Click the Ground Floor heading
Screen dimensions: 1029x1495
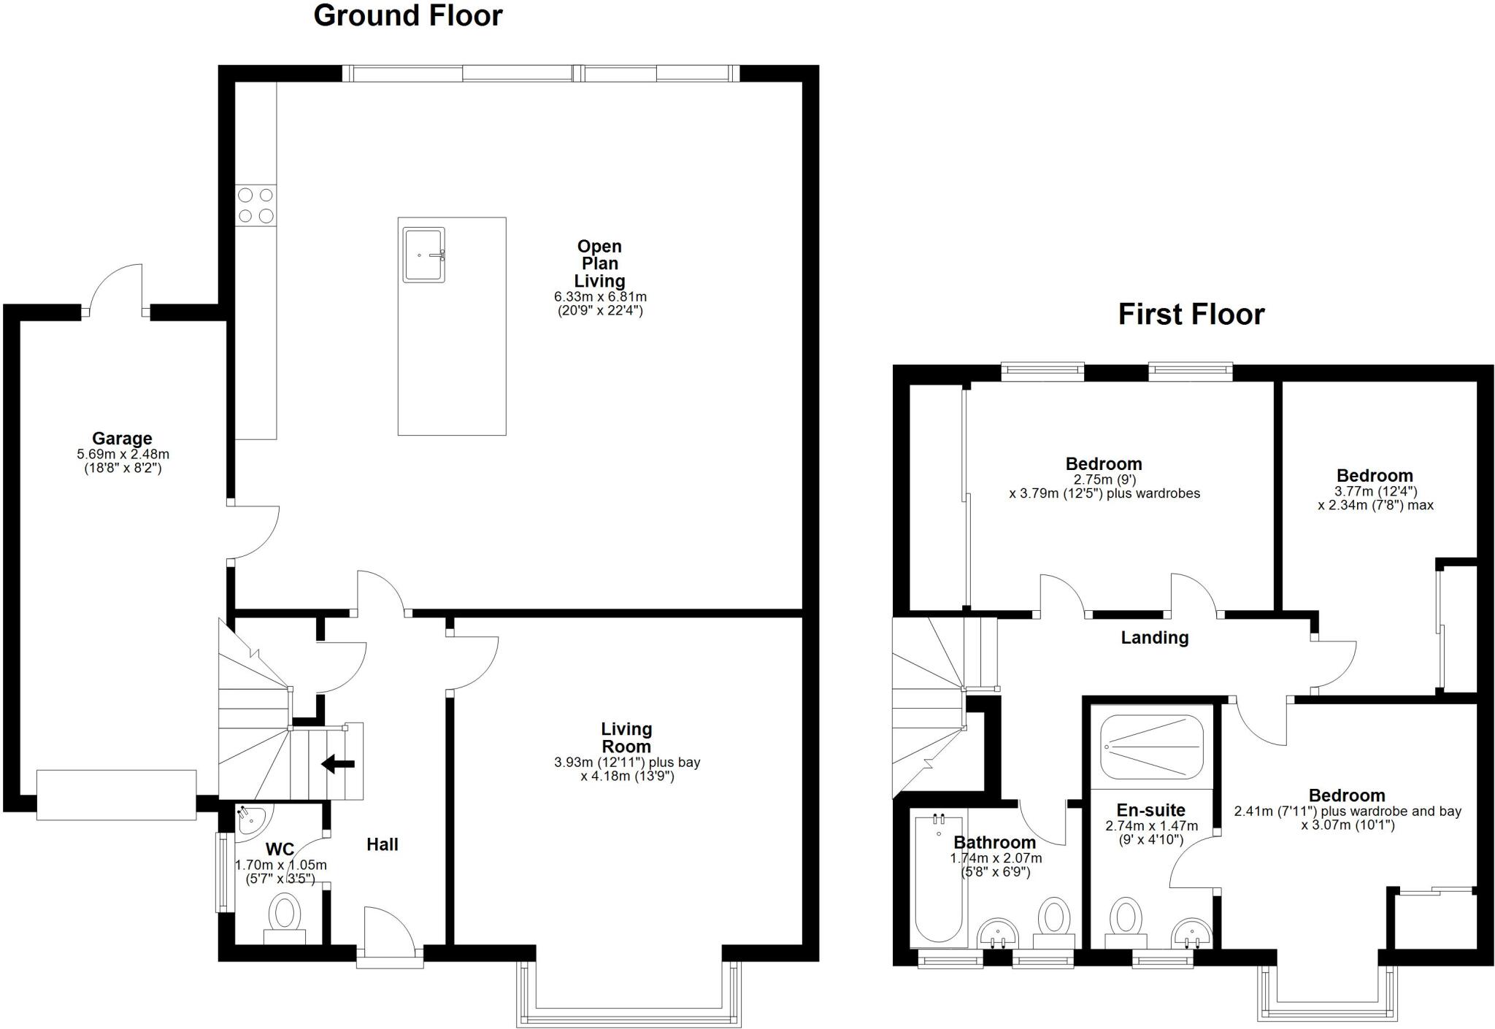(407, 15)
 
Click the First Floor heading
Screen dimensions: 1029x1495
(1191, 315)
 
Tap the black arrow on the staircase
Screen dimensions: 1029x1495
(338, 764)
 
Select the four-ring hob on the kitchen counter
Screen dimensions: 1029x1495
(255, 205)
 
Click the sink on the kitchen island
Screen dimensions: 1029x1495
(423, 255)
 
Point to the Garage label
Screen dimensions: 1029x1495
(122, 439)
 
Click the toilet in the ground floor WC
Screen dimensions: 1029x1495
(285, 917)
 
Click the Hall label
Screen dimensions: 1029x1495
(382, 844)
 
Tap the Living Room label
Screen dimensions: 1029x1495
(626, 738)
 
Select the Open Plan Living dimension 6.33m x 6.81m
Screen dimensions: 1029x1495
(600, 297)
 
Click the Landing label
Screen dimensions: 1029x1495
(1154, 638)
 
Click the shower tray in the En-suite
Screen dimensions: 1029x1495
(1151, 747)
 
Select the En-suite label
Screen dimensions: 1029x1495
(1150, 810)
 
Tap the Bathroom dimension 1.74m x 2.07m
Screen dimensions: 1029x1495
(995, 858)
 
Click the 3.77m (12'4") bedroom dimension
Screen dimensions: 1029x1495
(1375, 491)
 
